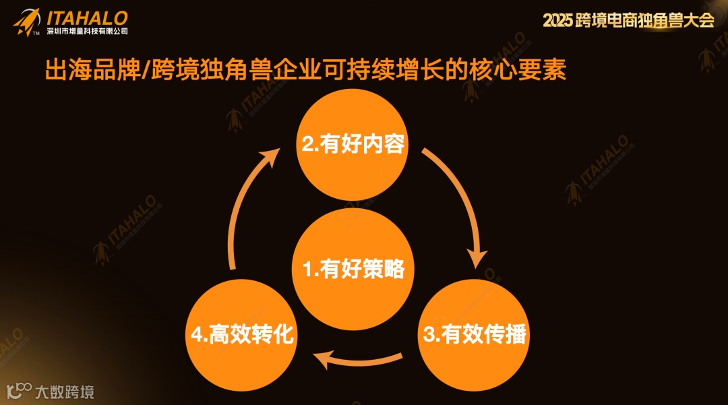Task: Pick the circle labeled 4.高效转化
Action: click(x=241, y=334)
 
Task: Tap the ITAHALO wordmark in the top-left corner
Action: click(x=86, y=18)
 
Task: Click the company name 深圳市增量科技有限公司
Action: click(x=86, y=31)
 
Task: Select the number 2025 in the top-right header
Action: click(x=557, y=21)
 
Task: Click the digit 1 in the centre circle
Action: click(x=307, y=270)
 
